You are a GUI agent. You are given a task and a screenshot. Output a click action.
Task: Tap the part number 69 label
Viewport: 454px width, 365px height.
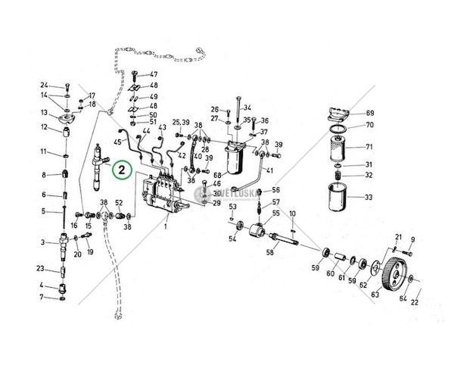[370, 113]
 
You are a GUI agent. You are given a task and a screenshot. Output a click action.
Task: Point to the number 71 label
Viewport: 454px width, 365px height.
[370, 147]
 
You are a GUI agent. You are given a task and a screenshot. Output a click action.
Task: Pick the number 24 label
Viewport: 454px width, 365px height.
[44, 85]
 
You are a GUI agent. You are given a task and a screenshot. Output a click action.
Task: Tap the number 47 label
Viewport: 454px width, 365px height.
[154, 74]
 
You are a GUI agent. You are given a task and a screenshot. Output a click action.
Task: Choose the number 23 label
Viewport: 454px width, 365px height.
[41, 269]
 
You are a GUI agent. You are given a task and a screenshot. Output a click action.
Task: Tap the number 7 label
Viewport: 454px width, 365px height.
[42, 298]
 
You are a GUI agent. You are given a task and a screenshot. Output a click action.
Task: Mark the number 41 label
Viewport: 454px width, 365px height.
[269, 171]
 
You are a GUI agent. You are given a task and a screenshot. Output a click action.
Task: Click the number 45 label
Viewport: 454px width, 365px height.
[118, 142]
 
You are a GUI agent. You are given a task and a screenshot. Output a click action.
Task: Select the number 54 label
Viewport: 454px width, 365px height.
[233, 240]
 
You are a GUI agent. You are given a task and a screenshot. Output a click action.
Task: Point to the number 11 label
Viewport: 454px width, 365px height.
[44, 152]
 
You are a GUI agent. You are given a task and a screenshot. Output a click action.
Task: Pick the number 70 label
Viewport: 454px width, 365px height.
[370, 125]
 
